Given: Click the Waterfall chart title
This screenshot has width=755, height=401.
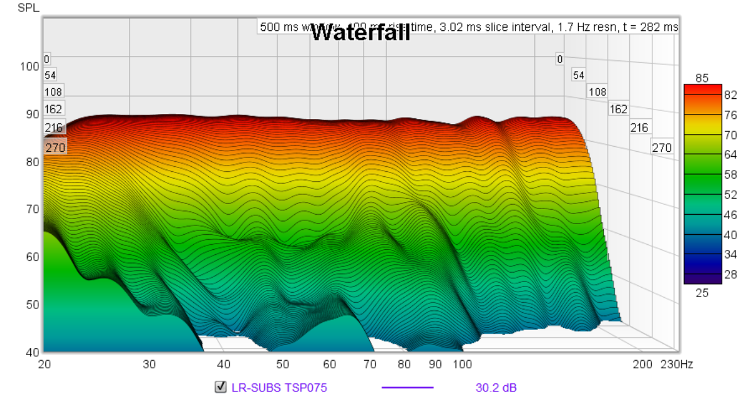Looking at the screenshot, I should (361, 32).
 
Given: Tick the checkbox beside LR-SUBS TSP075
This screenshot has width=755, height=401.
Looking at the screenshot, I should (220, 387).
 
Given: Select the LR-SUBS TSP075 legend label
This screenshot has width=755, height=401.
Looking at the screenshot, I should (279, 388).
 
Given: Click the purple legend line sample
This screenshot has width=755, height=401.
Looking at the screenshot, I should (408, 388).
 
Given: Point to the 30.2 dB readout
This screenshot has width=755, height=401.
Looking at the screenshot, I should (496, 388).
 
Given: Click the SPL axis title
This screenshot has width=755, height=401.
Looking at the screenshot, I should (28, 8).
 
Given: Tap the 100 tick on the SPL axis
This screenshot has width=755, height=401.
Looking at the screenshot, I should (30, 67).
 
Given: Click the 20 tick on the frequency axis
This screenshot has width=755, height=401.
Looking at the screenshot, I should (44, 364).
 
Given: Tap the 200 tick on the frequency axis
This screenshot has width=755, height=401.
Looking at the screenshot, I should (642, 364).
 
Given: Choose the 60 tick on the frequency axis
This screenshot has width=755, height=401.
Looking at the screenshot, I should (330, 364).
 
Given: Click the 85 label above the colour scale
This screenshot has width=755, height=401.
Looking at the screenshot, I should (702, 78).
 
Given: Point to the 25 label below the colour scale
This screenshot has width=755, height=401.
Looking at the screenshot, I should (702, 293).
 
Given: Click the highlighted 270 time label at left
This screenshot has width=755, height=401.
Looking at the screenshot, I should (54, 147).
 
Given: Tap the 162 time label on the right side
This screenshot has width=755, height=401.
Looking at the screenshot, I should (618, 109).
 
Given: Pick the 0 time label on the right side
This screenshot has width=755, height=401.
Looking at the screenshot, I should (559, 60).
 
